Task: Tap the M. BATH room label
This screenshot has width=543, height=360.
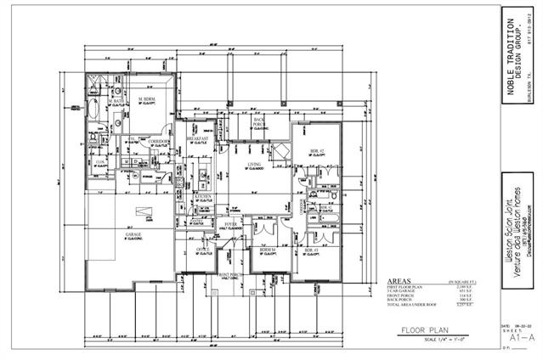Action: click(x=116, y=100)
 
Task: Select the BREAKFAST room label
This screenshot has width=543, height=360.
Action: click(x=197, y=138)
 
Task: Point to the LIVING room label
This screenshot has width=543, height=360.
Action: click(x=253, y=164)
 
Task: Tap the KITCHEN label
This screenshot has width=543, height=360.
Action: click(x=202, y=195)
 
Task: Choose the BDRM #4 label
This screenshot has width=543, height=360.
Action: click(x=268, y=249)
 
